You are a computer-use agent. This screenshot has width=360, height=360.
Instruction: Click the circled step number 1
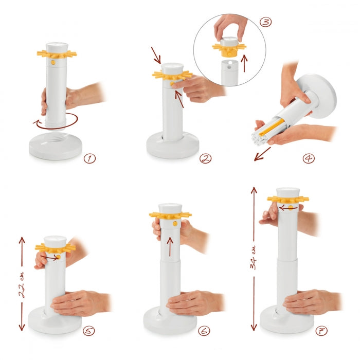click(x=89, y=158)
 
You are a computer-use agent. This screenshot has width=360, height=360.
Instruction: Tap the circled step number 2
click(x=205, y=158)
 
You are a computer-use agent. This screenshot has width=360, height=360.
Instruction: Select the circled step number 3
click(x=266, y=22)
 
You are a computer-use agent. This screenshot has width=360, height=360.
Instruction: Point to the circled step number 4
click(x=309, y=158)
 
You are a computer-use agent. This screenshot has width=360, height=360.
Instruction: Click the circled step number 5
click(x=88, y=331)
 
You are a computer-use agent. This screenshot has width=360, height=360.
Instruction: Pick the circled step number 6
click(x=204, y=331)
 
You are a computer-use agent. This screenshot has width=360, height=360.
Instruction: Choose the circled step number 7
click(x=321, y=331)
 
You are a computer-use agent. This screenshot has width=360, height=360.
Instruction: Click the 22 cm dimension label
click(x=22, y=284)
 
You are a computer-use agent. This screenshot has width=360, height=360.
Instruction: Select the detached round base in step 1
click(x=56, y=146)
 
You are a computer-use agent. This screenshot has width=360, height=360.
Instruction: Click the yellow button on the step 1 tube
click(x=53, y=62)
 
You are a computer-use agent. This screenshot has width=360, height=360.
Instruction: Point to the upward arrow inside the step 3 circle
click(x=245, y=63)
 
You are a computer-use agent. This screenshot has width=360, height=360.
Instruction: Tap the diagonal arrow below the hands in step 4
click(x=262, y=154)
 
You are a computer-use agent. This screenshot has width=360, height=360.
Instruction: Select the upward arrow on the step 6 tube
click(x=170, y=246)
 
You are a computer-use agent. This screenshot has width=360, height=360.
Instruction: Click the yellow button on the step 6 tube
click(x=175, y=223)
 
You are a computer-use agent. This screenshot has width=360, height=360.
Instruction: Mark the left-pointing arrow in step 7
click(x=288, y=208)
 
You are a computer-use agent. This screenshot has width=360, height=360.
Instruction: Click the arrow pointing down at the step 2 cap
click(x=156, y=56)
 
